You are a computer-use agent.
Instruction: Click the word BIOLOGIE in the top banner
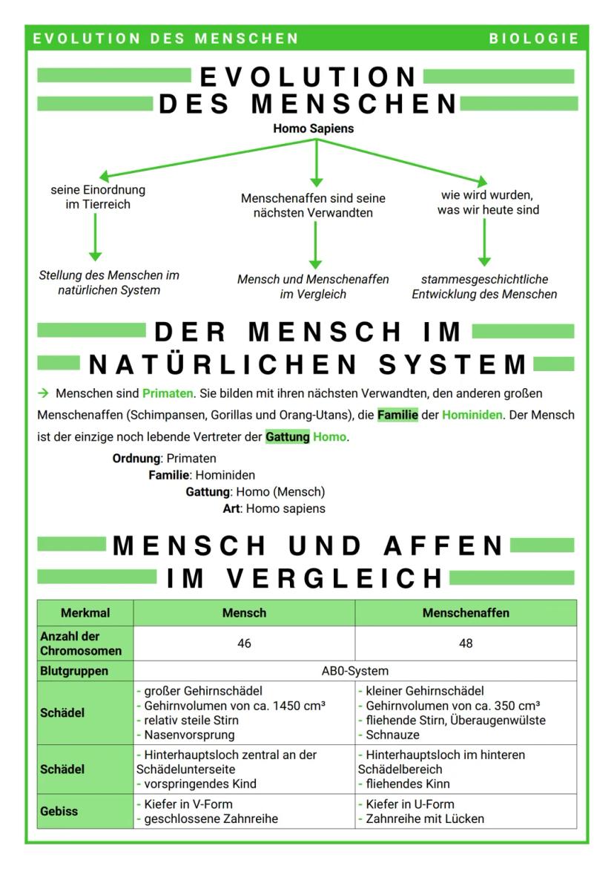click(533, 39)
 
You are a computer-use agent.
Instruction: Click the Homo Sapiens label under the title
click(313, 128)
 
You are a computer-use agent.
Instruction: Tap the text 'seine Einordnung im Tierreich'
click(98, 197)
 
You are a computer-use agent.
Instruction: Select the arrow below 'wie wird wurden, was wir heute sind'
click(484, 242)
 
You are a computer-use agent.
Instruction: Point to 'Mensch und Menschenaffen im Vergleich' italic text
click(313, 286)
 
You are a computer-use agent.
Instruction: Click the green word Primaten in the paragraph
click(168, 393)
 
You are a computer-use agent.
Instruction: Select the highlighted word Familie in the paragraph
click(397, 415)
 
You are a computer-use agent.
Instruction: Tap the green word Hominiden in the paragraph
click(472, 415)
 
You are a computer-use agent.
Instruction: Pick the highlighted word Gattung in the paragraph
click(288, 436)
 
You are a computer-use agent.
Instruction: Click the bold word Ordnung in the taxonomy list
click(136, 459)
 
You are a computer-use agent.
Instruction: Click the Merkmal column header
click(85, 613)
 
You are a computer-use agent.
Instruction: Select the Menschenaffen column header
click(465, 613)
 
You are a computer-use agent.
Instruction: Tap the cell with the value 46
click(244, 643)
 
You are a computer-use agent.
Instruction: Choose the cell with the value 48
click(465, 643)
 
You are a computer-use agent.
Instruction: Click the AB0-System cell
click(354, 671)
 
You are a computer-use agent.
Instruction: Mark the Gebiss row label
click(59, 811)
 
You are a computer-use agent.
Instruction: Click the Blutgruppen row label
click(74, 671)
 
